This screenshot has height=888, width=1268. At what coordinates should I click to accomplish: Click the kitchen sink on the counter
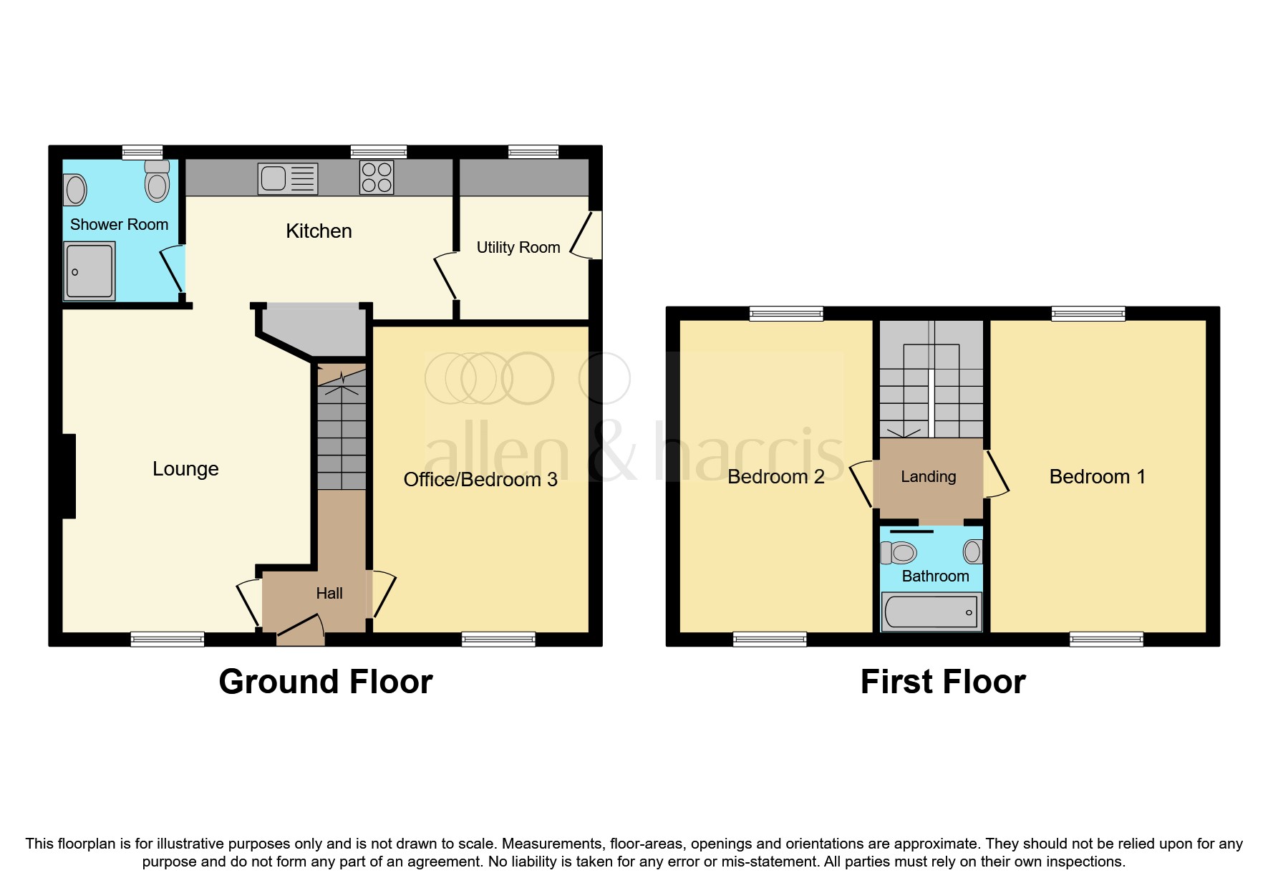pyautogui.click(x=287, y=178)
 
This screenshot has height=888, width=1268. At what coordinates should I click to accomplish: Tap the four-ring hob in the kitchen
pyautogui.click(x=377, y=178)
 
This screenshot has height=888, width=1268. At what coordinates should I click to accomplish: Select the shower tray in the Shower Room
pyautogui.click(x=89, y=271)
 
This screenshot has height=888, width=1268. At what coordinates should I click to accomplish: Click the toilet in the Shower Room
pyautogui.click(x=157, y=182)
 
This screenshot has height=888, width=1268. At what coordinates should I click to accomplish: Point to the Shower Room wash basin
pyautogui.click(x=75, y=190)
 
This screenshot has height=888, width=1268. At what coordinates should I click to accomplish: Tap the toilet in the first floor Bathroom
pyautogui.click(x=899, y=553)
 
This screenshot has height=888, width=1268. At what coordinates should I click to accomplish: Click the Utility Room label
pyautogui.click(x=518, y=248)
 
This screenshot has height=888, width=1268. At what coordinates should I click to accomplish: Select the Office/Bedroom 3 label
pyautogui.click(x=480, y=480)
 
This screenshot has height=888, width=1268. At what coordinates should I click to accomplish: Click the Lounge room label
pyautogui.click(x=185, y=469)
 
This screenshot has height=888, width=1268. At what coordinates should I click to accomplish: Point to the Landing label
pyautogui.click(x=928, y=477)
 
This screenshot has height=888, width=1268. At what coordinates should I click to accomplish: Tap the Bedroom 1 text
pyautogui.click(x=1097, y=477)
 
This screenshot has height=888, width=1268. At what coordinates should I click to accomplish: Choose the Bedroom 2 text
pyautogui.click(x=775, y=477)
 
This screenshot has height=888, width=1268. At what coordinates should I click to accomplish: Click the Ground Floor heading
pyautogui.click(x=326, y=682)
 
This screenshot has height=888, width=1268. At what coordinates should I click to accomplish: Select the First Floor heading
pyautogui.click(x=943, y=682)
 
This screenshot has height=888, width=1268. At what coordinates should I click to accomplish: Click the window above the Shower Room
pyautogui.click(x=142, y=152)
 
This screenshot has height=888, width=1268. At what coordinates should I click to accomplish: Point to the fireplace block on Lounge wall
pyautogui.click(x=69, y=476)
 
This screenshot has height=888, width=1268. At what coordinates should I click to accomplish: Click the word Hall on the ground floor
pyautogui.click(x=329, y=594)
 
